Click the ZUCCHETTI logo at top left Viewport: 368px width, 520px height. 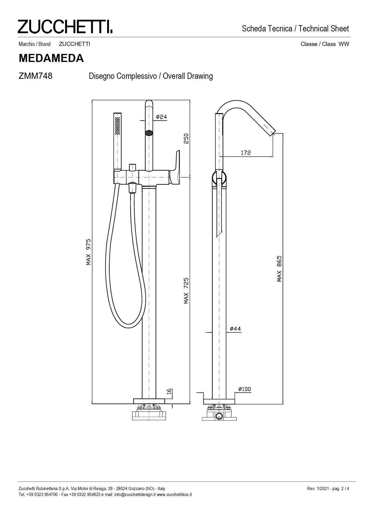[65, 27]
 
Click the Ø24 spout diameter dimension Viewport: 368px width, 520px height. [161, 117]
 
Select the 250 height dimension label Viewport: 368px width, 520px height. [186, 138]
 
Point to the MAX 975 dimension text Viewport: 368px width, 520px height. [88, 252]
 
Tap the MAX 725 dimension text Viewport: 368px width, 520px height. [186, 290]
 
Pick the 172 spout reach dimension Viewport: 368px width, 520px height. [246, 153]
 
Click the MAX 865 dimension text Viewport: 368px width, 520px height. [279, 268]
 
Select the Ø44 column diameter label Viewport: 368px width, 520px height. [235, 329]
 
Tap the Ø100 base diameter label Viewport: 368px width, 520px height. [245, 389]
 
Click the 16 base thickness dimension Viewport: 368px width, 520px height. [169, 391]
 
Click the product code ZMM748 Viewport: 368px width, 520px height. [35, 76]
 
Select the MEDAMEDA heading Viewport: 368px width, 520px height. [51, 58]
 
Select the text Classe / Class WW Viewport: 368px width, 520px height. [325, 44]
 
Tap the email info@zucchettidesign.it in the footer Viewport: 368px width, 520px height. [135, 495]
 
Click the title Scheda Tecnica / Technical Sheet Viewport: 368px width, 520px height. [295, 29]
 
